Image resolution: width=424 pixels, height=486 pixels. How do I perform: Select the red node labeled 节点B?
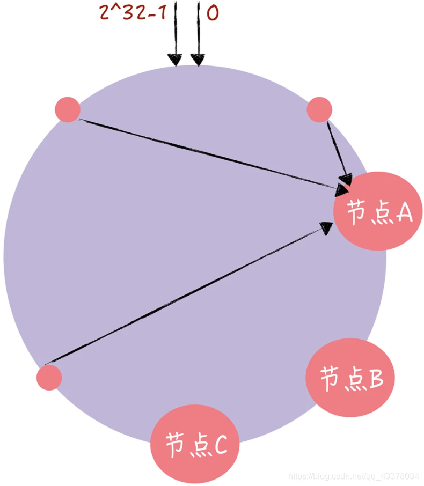tap(350, 377)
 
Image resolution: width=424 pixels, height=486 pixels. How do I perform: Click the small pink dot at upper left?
tap(68, 109)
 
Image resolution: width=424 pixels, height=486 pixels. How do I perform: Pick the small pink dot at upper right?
tap(319, 109)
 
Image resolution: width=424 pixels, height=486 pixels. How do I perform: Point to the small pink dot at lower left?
tap(49, 377)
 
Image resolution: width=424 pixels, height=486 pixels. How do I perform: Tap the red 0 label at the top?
tap(213, 12)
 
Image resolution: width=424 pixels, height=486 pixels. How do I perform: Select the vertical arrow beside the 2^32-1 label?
tap(175, 35)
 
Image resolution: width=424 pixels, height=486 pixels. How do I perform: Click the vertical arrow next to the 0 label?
tap(198, 35)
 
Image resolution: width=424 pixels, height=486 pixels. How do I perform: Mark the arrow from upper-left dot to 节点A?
tap(209, 152)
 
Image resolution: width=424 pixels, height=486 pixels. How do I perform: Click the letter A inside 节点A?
tap(403, 212)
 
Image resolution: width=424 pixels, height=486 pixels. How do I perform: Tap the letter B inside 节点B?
tap(376, 378)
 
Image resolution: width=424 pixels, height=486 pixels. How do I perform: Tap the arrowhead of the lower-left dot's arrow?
tap(326, 227)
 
